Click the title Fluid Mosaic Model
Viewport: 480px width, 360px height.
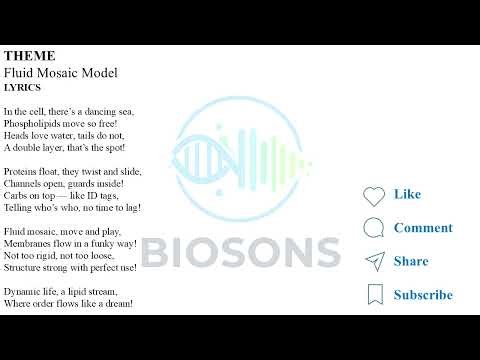click(61, 73)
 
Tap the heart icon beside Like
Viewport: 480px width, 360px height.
click(374, 195)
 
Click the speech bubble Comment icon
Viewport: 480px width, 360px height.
click(374, 228)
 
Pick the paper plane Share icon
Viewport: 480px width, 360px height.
click(374, 261)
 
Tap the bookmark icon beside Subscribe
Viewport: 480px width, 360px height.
click(374, 294)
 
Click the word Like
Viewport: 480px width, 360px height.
click(407, 194)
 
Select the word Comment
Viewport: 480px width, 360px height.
click(423, 228)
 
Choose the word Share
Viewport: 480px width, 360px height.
click(411, 261)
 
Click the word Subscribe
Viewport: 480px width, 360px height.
click(423, 295)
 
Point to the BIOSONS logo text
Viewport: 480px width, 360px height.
click(240, 251)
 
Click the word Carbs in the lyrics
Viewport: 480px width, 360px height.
click(15, 195)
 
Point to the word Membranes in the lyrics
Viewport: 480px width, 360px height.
click(26, 243)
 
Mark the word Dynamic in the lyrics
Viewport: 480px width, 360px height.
click(21, 291)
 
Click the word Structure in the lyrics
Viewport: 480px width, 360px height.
click(22, 267)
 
